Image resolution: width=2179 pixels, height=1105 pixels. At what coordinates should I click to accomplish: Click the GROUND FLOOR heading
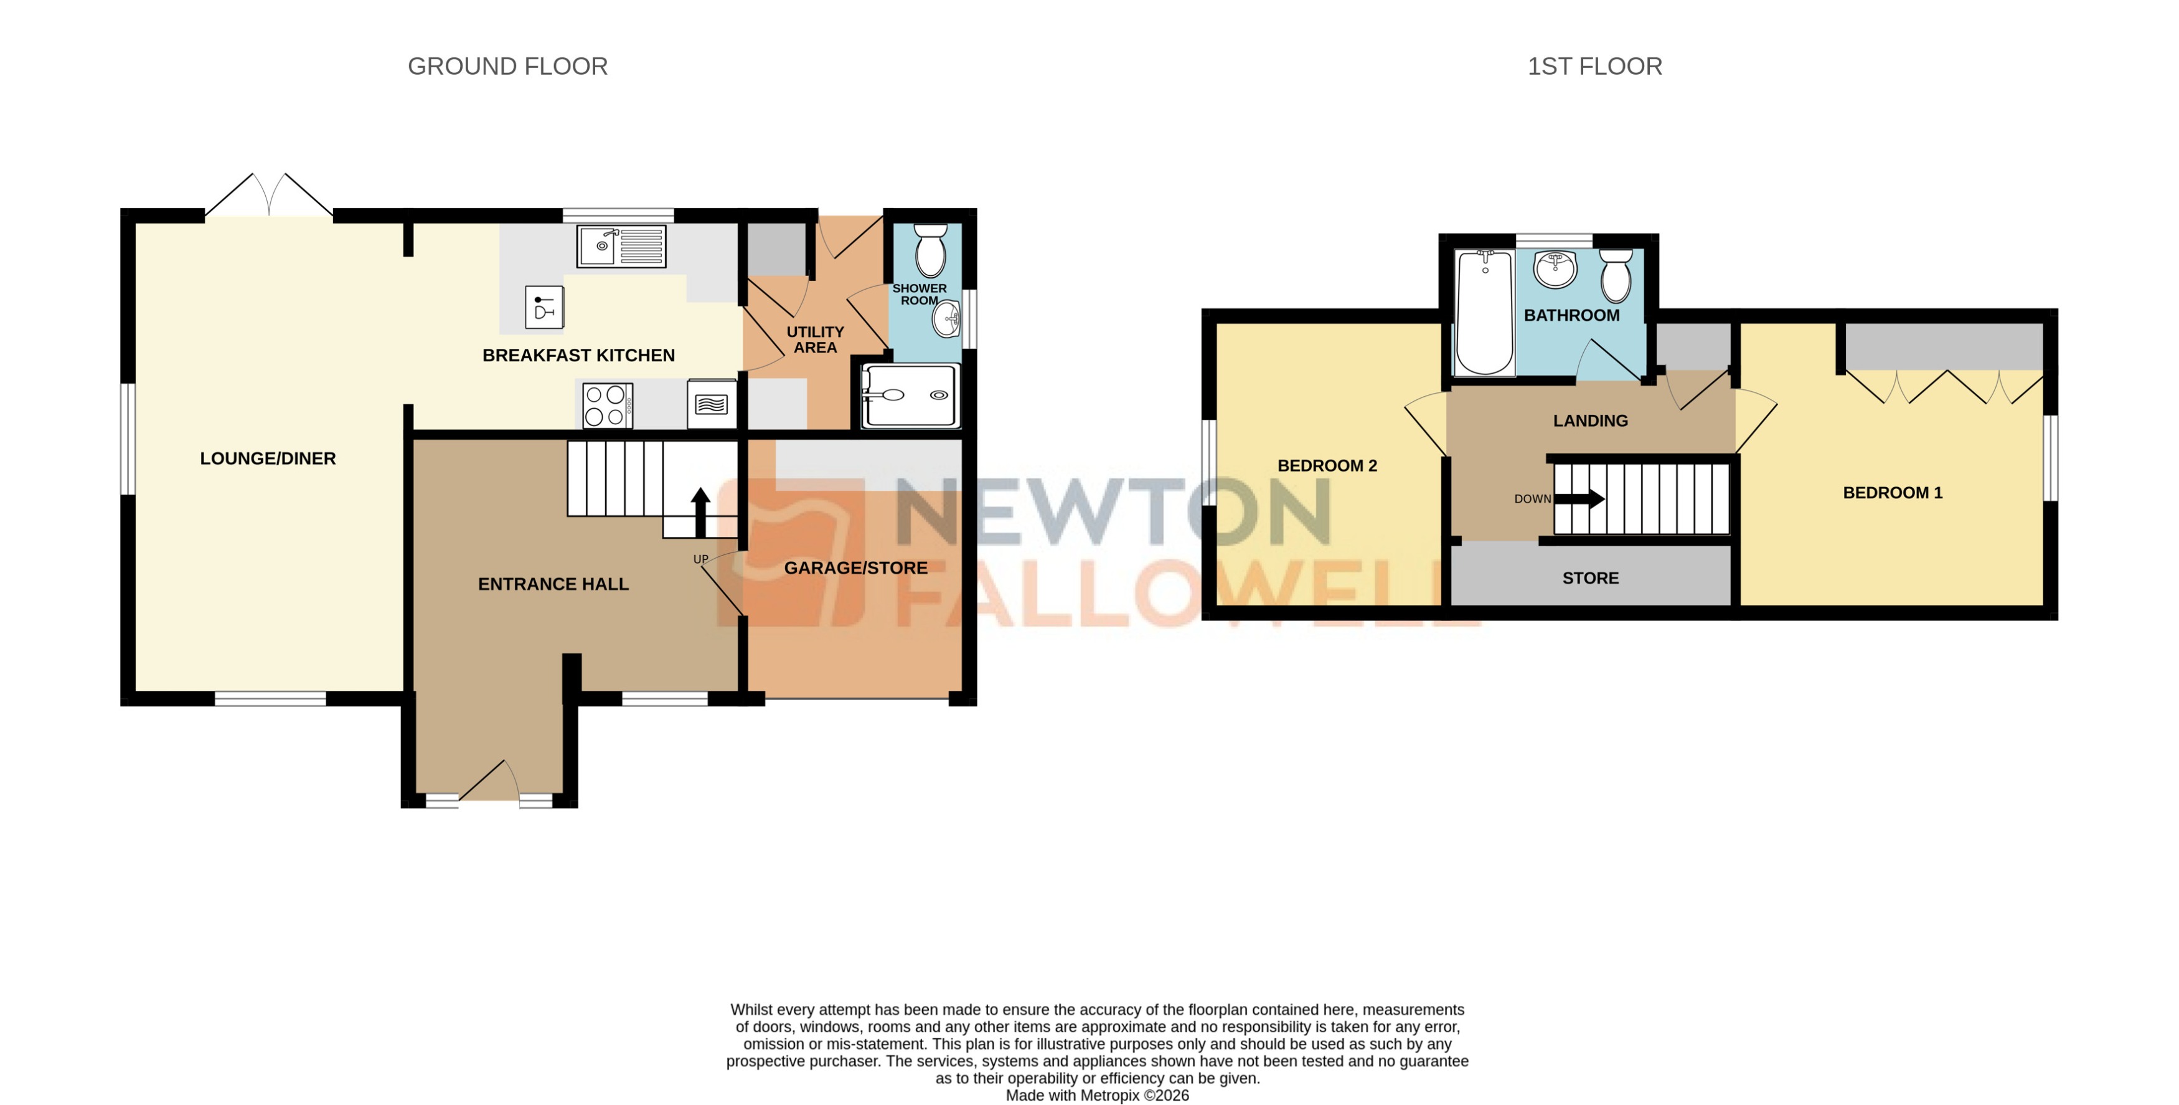coord(507,66)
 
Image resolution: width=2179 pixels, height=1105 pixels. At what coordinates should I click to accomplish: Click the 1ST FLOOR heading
coord(1594,66)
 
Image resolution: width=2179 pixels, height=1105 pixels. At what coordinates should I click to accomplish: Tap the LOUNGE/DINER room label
coord(267,458)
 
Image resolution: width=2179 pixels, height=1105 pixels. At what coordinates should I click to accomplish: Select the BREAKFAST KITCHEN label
coord(578,356)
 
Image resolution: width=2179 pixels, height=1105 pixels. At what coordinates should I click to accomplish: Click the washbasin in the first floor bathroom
coord(1555,269)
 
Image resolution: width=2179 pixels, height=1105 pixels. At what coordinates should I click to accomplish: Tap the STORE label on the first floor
coord(1590,578)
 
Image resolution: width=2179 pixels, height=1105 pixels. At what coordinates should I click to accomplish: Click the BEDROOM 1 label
coord(1892,493)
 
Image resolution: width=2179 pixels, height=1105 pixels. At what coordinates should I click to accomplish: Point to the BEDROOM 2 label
coord(1326,465)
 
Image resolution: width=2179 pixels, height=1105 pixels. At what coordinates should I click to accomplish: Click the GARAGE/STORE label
coord(855,567)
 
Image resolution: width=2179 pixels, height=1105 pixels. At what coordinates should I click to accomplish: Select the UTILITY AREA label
coord(814,339)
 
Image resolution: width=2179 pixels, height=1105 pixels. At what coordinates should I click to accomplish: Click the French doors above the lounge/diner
coord(269,196)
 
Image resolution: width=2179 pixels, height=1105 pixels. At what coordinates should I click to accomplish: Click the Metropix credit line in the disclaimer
coord(1096,1095)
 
